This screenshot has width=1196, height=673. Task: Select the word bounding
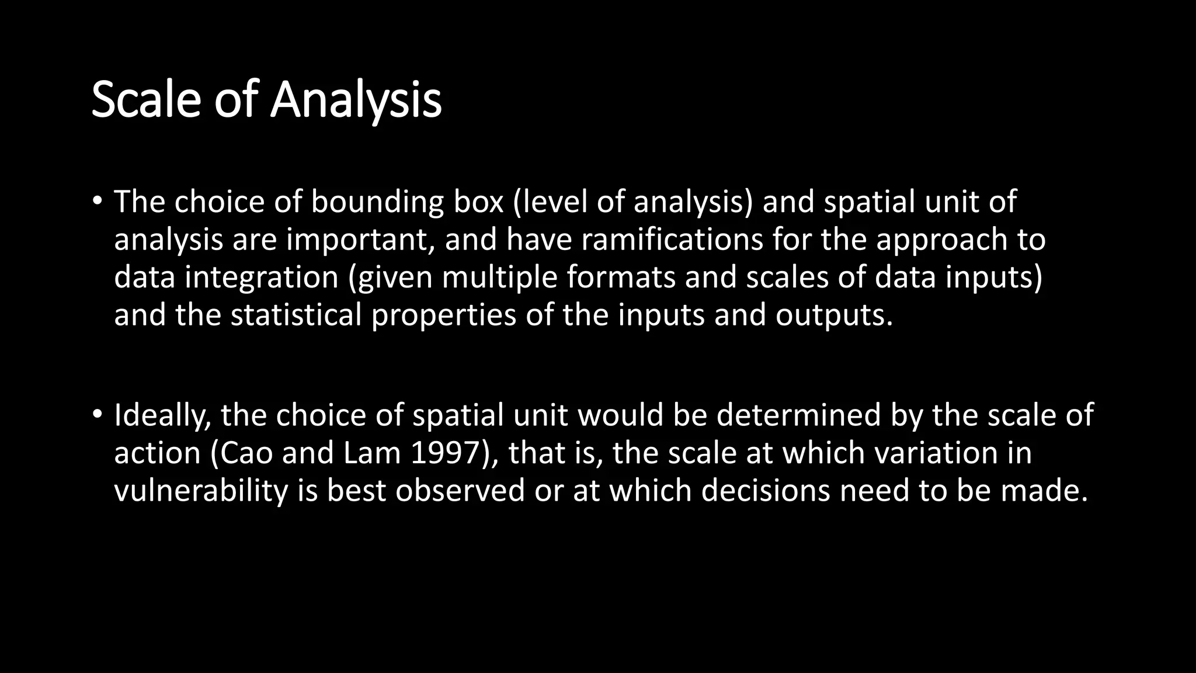(377, 203)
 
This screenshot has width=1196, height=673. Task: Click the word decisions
(765, 490)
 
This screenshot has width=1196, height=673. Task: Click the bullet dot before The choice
(97, 202)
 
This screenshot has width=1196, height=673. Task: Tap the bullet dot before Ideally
(97, 415)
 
